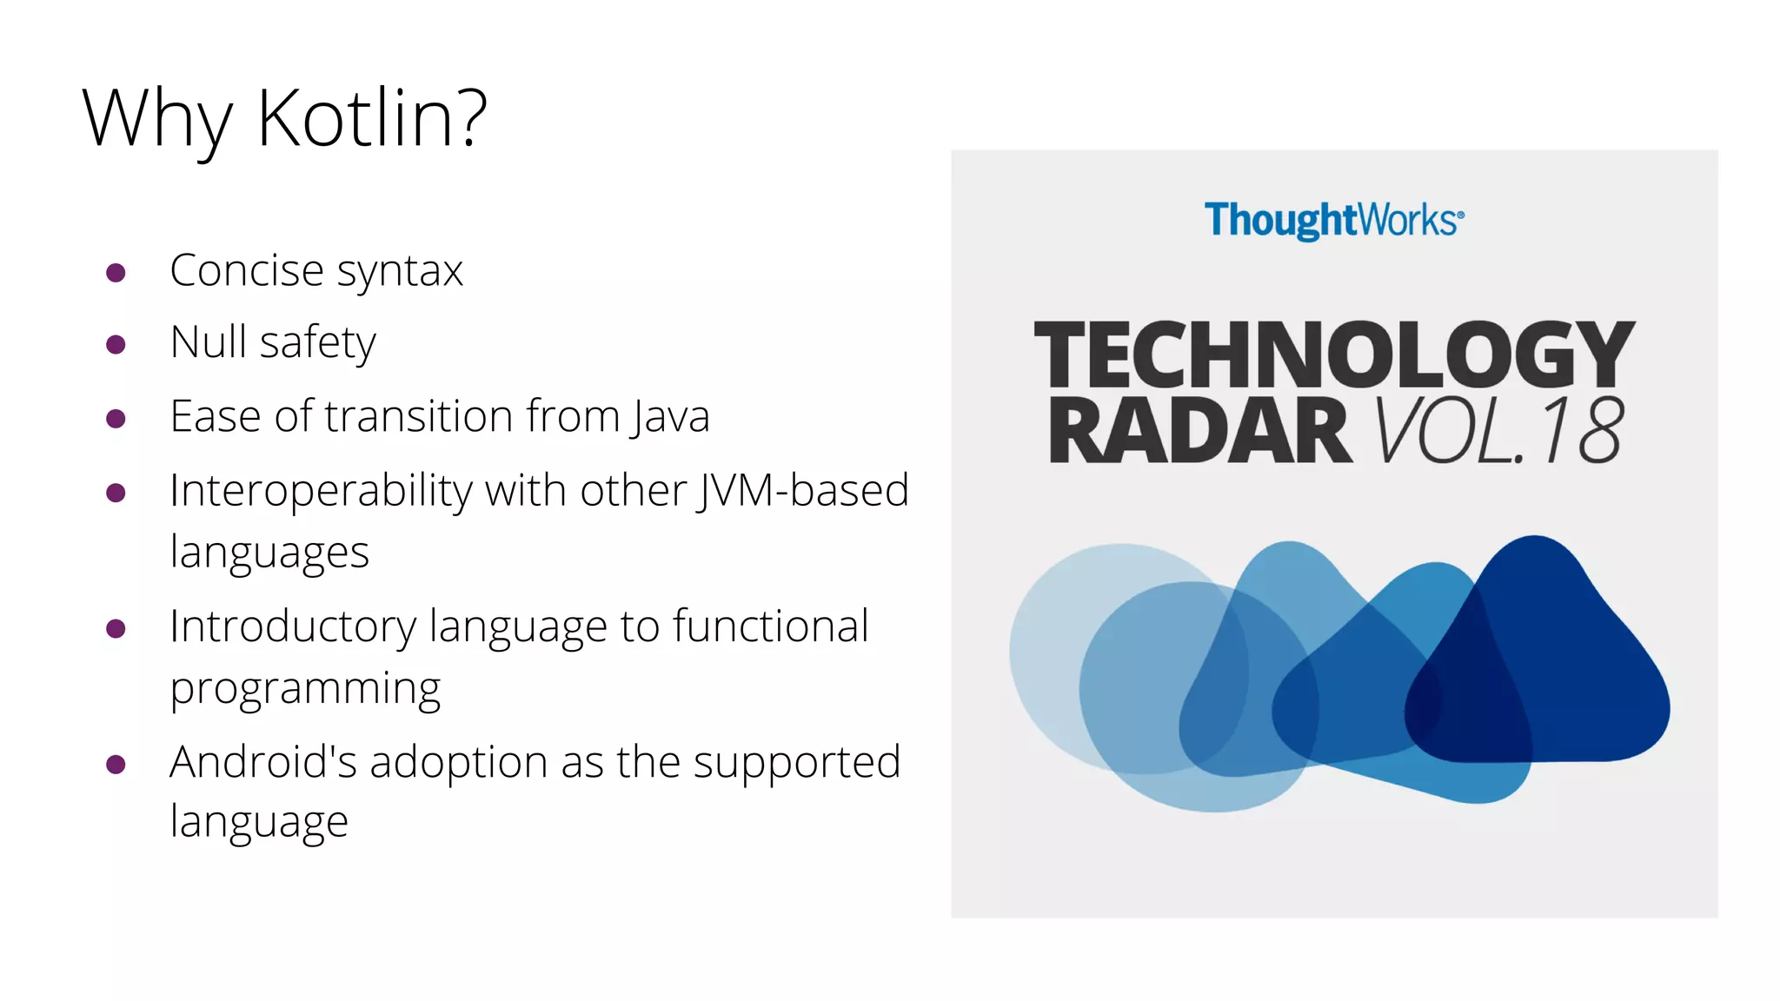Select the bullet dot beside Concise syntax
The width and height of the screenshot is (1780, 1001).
pos(116,273)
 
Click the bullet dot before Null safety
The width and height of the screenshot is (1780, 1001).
pos(116,345)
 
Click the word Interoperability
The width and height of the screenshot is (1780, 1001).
pos(321,492)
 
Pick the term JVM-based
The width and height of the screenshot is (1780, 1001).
pos(803,490)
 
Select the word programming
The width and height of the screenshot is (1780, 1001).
pos(305,690)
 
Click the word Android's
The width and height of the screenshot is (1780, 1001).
pos(263,763)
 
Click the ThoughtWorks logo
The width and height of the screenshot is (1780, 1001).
pos(1333,221)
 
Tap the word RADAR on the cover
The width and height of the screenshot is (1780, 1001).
pos(1199,432)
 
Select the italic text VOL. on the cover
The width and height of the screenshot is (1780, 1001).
pos(1447,432)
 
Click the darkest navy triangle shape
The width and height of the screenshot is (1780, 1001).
pos(1538,660)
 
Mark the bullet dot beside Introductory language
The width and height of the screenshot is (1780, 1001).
pos(116,628)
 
